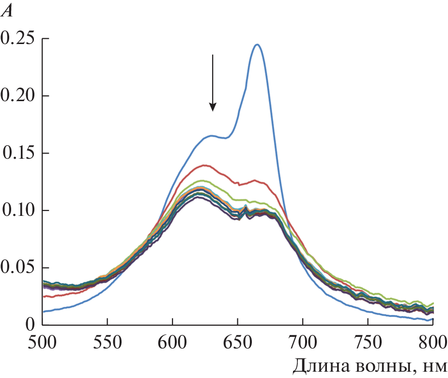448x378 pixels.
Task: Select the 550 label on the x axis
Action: point(107,342)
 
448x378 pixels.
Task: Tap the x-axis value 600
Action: point(172,342)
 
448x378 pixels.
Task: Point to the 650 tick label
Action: point(237,342)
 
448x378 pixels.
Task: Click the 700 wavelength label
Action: point(303,342)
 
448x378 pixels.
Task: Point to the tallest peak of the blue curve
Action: point(257,45)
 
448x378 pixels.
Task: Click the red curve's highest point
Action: point(206,165)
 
